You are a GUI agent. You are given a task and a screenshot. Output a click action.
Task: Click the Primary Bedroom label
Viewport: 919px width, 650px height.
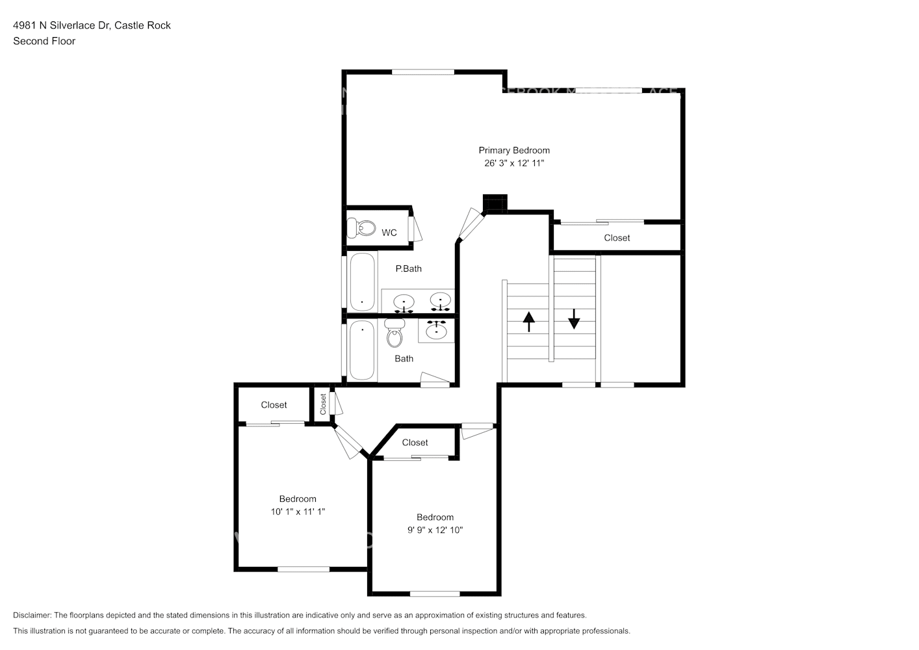[x=514, y=150]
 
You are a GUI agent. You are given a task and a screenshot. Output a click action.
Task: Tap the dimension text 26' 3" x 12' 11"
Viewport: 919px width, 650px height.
[x=514, y=163]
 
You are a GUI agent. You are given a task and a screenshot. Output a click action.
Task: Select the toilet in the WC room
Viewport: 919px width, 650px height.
[x=361, y=228]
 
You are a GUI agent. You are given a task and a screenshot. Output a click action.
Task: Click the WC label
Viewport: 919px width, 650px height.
[x=389, y=233]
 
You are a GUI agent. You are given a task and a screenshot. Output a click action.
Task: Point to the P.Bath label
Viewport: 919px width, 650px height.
[x=408, y=268]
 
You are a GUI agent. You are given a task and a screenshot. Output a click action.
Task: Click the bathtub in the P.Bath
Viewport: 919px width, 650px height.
[x=362, y=281]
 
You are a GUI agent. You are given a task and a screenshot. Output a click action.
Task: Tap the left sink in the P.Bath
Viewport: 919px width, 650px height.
[x=404, y=302]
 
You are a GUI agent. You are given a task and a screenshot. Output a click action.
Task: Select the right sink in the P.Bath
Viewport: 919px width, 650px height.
[x=441, y=302]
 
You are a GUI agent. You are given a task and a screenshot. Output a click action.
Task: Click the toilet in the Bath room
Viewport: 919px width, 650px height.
[x=395, y=333]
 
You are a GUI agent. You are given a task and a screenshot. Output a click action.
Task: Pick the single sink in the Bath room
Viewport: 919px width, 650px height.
[x=436, y=331]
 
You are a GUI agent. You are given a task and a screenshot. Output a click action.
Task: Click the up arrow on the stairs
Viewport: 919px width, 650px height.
[x=529, y=321]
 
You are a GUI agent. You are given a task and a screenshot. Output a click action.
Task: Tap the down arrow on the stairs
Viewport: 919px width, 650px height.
[x=574, y=318]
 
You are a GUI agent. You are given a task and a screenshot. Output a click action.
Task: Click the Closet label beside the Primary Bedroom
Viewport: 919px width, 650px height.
[x=617, y=238]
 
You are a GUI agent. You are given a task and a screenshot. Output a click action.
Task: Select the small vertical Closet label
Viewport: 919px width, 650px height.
[x=323, y=404]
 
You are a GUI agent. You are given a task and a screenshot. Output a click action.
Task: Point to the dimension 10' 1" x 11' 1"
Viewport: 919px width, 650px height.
[x=298, y=512]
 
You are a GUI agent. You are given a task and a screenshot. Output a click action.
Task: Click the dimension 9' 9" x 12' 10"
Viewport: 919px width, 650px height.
[x=435, y=530]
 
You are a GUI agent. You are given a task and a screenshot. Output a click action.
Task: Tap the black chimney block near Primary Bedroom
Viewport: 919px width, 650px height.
[x=495, y=203]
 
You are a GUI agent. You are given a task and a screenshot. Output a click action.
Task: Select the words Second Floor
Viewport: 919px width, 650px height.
[x=44, y=41]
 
